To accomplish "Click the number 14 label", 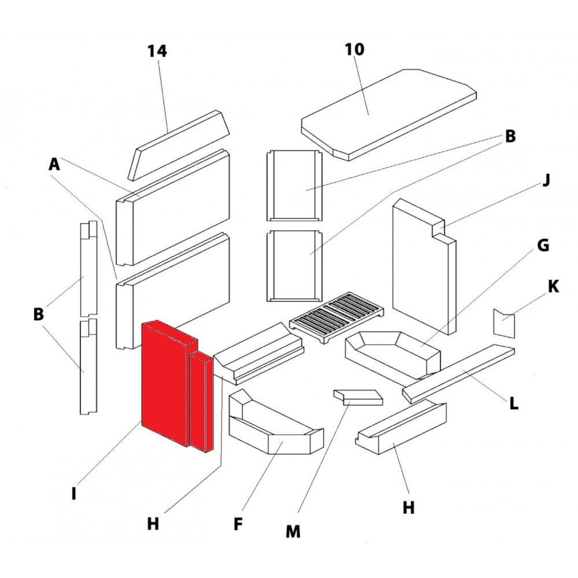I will tap(157, 51).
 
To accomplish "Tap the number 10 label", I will tap(355, 49).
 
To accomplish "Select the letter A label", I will tap(54, 165).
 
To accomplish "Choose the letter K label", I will tap(553, 287).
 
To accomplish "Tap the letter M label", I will tap(294, 531).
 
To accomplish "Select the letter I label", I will tap(74, 494).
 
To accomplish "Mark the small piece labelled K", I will tap(502, 324).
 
